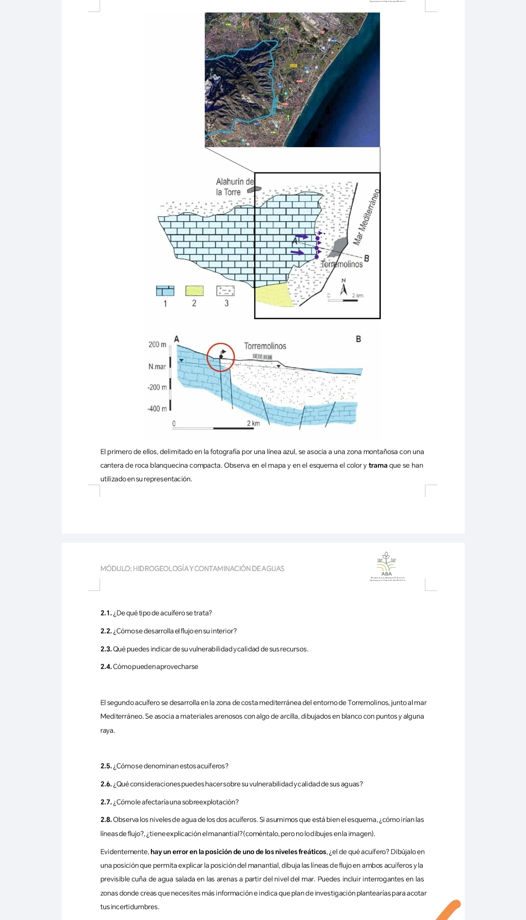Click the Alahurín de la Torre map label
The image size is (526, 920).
click(x=235, y=187)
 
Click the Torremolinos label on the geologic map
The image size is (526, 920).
click(x=341, y=264)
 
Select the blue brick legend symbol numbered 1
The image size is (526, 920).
click(x=165, y=291)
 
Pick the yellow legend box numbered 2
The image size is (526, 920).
click(x=194, y=291)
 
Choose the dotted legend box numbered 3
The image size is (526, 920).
click(x=225, y=291)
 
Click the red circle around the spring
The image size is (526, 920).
click(x=221, y=357)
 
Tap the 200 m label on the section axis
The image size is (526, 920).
click(x=157, y=345)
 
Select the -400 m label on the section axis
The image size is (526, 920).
click(x=157, y=409)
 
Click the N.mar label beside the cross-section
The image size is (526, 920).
click(x=157, y=366)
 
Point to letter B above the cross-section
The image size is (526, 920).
click(x=358, y=339)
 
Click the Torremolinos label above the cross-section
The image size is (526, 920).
click(x=265, y=346)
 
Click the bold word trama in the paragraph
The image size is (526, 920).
click(x=377, y=465)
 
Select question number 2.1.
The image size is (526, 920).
click(x=106, y=613)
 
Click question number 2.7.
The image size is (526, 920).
click(x=106, y=802)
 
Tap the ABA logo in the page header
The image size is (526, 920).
click(x=387, y=565)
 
